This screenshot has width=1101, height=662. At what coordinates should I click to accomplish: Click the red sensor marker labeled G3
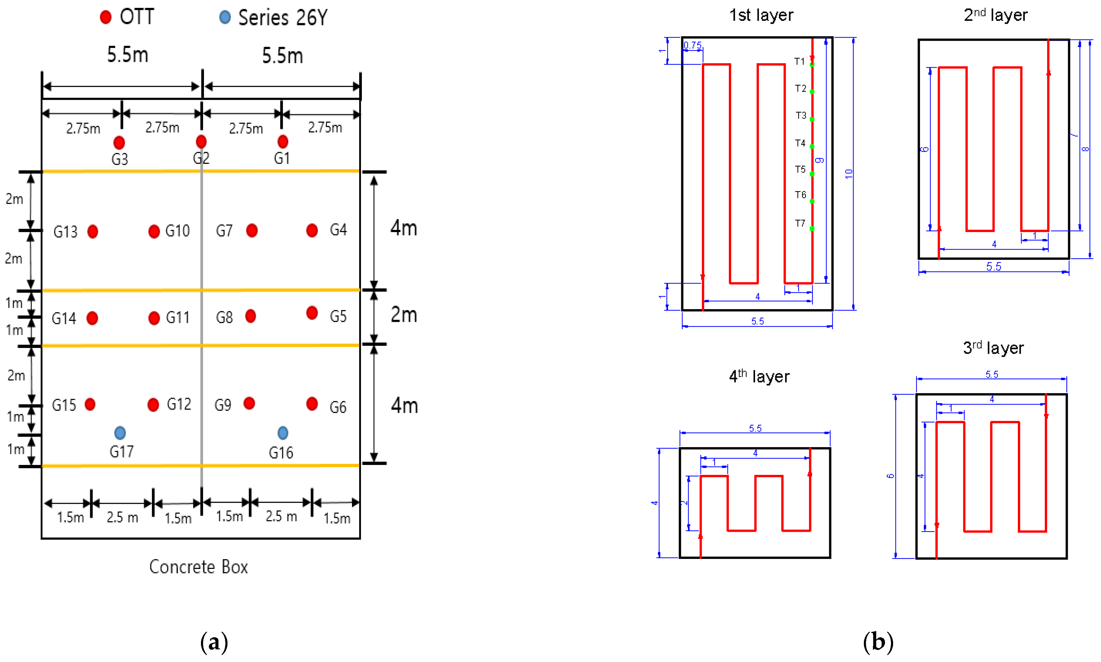(x=119, y=143)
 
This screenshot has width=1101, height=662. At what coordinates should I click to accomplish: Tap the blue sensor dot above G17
(x=120, y=433)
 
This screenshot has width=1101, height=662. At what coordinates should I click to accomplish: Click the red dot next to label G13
(x=92, y=231)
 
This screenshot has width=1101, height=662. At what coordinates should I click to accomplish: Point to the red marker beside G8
(x=250, y=316)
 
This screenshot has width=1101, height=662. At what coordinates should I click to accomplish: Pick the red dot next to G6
(x=312, y=404)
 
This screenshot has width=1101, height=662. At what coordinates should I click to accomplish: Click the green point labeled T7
(x=812, y=229)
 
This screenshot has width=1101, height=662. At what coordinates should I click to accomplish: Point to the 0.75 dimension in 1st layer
(x=692, y=45)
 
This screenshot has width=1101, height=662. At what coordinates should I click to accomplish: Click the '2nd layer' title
(x=995, y=15)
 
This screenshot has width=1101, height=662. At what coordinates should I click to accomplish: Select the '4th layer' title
(x=759, y=376)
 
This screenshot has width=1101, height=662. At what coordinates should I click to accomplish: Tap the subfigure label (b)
(x=877, y=642)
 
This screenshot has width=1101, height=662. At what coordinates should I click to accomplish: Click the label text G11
(x=177, y=317)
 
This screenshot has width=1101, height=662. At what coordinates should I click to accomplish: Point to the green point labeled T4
(x=812, y=147)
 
